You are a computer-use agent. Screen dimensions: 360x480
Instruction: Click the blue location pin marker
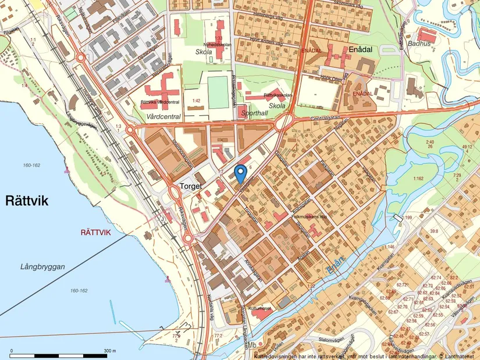point(240,173)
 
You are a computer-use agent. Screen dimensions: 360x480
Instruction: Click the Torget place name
point(191,187)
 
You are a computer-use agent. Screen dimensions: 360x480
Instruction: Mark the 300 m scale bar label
point(110,351)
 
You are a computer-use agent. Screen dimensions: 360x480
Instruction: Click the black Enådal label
point(360,50)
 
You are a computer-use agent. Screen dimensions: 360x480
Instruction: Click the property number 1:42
point(197,101)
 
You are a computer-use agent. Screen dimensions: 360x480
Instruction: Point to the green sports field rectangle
point(218,92)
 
